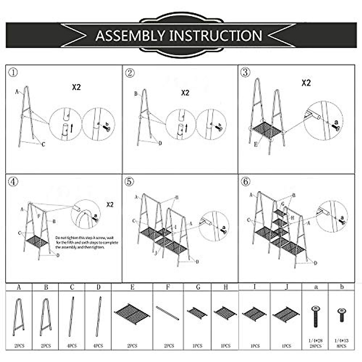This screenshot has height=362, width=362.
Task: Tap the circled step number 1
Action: pos(13,72)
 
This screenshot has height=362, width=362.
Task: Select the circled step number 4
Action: pos(13,182)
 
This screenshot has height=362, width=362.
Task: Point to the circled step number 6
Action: pos(246,182)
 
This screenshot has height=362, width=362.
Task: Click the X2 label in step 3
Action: pos(306,83)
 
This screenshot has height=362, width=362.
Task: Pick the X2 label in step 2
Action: pos(185,93)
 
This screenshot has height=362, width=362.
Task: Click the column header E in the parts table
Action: pos(132,287)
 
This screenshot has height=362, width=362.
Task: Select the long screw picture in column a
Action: pos(316,317)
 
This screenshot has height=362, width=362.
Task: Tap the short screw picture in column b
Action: pos(341,315)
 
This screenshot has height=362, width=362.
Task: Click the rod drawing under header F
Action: pos(167,313)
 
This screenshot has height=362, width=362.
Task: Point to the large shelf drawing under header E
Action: pos(132,314)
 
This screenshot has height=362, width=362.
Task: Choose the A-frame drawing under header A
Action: pos(19,317)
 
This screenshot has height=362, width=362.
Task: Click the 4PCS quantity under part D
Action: pos(98,346)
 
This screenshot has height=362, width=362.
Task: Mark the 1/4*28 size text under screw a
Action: pos(316,341)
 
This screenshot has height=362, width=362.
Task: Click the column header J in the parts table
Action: pos(286,287)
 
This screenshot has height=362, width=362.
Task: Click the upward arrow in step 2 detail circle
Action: pos(186,128)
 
